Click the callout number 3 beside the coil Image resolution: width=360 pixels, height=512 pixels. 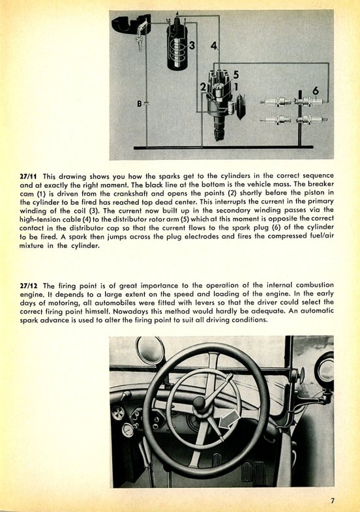(x=192, y=46)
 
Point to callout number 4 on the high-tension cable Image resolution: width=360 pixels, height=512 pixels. (x=214, y=46)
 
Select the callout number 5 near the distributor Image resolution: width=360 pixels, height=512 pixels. (x=235, y=75)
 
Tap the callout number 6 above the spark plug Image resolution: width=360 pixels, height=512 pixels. (x=315, y=91)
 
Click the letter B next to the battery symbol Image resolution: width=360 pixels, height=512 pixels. (x=140, y=104)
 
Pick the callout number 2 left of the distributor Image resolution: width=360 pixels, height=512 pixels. (x=203, y=87)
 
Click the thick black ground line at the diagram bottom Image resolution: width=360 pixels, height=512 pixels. (x=223, y=147)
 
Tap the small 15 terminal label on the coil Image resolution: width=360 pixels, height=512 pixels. (x=168, y=21)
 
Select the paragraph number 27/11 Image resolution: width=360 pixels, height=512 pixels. (x=29, y=177)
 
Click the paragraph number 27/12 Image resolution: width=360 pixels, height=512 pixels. (x=29, y=286)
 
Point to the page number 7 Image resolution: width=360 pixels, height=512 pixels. (x=332, y=501)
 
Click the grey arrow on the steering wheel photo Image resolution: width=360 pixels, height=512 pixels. (x=229, y=419)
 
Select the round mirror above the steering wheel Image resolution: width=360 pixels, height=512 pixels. (x=151, y=350)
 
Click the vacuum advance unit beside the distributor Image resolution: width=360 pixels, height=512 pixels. (x=241, y=106)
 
